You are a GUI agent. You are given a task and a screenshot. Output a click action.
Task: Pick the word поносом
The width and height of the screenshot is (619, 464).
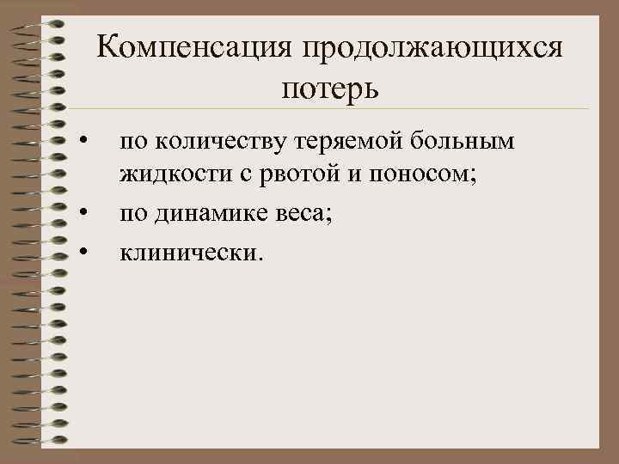[421, 175]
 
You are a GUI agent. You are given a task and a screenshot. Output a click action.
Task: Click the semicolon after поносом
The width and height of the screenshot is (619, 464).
[473, 178]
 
